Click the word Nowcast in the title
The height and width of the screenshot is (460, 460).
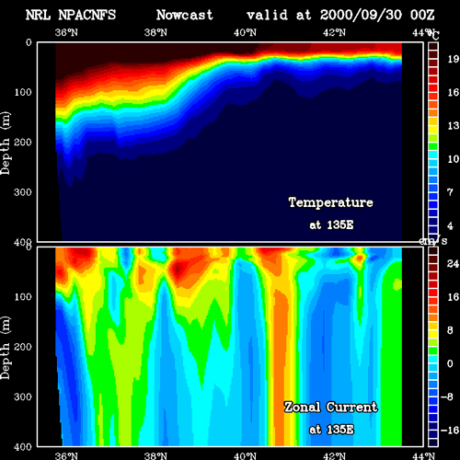pyautogui.click(x=185, y=15)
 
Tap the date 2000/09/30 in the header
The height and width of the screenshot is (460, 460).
pyautogui.click(x=361, y=15)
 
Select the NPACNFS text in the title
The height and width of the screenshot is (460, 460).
pyautogui.click(x=87, y=15)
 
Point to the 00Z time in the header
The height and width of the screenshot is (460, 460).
pyautogui.click(x=422, y=15)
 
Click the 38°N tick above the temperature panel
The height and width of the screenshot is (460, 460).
pyautogui.click(x=155, y=32)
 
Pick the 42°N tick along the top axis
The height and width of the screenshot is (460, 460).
pyautogui.click(x=334, y=32)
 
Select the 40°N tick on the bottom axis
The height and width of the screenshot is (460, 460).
pyautogui.click(x=245, y=455)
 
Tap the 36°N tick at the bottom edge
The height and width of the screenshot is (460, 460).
pyautogui.click(x=66, y=455)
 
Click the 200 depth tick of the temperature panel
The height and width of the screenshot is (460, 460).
pyautogui.click(x=23, y=143)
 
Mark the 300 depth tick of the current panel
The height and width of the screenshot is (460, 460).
pyautogui.click(x=23, y=397)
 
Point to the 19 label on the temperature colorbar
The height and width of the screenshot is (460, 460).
pyautogui.click(x=453, y=59)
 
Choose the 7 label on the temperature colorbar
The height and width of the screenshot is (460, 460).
pyautogui.click(x=450, y=192)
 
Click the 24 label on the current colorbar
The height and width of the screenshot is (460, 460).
pyautogui.click(x=453, y=264)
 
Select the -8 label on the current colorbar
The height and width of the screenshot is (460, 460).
pyautogui.click(x=447, y=397)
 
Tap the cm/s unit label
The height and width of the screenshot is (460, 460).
pyautogui.click(x=433, y=241)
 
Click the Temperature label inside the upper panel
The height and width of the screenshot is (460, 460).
pyautogui.click(x=331, y=202)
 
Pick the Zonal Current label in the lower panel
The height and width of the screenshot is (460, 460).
pyautogui.click(x=331, y=408)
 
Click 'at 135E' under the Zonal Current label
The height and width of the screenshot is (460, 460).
pyautogui.click(x=331, y=430)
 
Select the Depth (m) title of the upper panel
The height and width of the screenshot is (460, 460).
pyautogui.click(x=6, y=144)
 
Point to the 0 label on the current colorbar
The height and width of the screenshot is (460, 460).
pyautogui.click(x=450, y=363)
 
